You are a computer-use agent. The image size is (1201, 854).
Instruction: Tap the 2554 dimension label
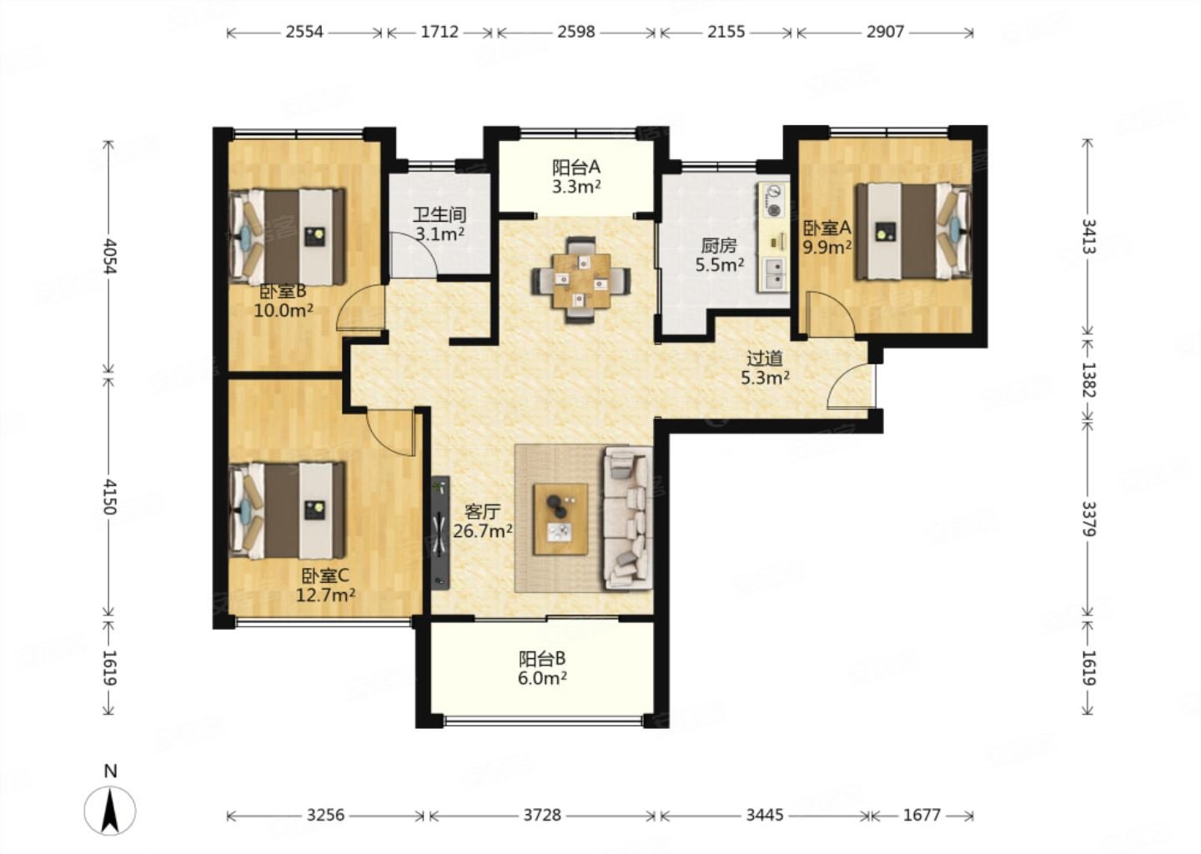[x=304, y=33]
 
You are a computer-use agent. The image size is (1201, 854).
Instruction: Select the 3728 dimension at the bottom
[x=542, y=816]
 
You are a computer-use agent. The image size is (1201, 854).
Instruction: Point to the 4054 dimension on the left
[x=109, y=256]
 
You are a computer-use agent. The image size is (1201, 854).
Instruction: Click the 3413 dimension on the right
[x=1088, y=236]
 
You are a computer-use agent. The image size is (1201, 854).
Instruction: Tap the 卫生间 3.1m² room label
[x=440, y=224]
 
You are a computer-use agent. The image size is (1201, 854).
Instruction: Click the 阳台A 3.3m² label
[x=576, y=177]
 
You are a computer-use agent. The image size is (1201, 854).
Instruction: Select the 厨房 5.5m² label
[x=720, y=255]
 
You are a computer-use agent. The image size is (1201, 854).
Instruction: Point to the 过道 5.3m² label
[x=765, y=368]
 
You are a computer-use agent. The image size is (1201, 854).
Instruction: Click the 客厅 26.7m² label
[x=483, y=521]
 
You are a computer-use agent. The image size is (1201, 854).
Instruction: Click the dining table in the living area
[x=582, y=280]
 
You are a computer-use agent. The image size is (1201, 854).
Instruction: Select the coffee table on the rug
[x=560, y=519]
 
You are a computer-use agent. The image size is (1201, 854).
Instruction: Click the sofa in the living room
[x=628, y=519]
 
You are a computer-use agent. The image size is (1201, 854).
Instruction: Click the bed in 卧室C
[x=287, y=511]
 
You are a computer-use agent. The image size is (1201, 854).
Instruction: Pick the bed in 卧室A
[x=913, y=232]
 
